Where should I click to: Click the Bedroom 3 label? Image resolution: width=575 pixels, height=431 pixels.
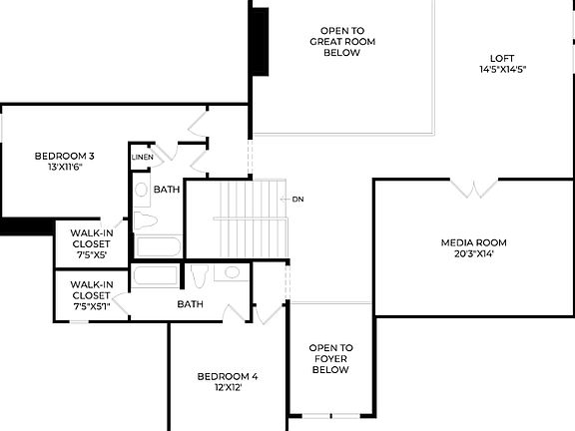(65, 156)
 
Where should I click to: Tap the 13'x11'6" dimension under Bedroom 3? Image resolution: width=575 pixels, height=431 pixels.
(65, 168)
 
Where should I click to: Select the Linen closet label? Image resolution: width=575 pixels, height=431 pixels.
(142, 158)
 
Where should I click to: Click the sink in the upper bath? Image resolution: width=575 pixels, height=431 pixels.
(142, 189)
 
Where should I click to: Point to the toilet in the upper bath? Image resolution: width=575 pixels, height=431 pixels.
(144, 219)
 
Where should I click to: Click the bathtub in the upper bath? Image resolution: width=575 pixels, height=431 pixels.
(158, 246)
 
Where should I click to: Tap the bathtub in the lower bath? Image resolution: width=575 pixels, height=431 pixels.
(155, 275)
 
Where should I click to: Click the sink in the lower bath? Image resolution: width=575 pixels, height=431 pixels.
(232, 271)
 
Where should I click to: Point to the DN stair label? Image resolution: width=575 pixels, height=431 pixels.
(297, 200)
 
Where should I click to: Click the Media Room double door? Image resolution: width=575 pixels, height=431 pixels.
(473, 188)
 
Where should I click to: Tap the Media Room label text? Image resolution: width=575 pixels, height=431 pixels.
(474, 242)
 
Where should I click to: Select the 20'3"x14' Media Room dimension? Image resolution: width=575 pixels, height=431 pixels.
(474, 254)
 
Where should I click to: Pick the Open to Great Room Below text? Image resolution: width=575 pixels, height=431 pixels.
(341, 42)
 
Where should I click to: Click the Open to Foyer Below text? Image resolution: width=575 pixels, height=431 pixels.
(330, 358)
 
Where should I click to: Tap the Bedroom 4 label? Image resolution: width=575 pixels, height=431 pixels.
(228, 376)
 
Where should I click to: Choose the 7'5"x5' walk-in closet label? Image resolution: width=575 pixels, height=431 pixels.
(92, 243)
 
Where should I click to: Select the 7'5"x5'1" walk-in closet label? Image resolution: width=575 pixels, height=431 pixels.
(92, 295)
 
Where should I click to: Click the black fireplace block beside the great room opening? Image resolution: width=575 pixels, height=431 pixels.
(260, 41)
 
